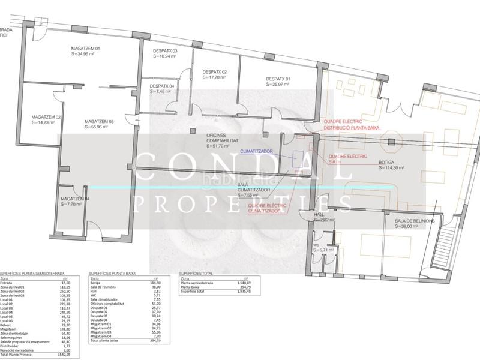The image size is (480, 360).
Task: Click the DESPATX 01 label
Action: [x=278, y=79]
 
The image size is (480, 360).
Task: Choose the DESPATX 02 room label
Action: [x=215, y=72]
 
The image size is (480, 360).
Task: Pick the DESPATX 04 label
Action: [x=162, y=86]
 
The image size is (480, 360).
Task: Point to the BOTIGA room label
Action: [x=387, y=163]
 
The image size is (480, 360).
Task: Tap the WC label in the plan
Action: [x=316, y=245]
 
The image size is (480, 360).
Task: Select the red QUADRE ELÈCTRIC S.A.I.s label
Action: [x=346, y=158]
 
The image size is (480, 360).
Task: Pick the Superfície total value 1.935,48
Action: [x=243, y=290]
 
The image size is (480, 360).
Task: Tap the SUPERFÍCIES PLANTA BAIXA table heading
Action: [x=112, y=272]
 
